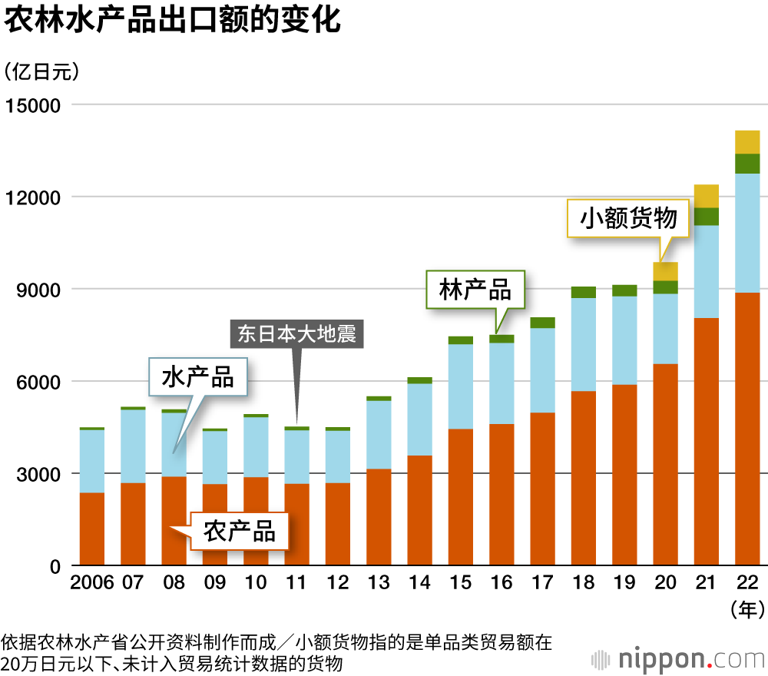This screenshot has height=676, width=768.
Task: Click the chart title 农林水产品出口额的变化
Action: (x=172, y=21)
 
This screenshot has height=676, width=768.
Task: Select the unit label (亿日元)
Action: (x=41, y=72)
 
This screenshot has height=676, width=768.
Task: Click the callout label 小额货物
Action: (x=628, y=218)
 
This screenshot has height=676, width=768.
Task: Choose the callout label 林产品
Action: (x=475, y=290)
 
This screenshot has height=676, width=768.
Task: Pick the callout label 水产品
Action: (x=197, y=377)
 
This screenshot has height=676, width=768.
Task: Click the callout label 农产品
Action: (x=240, y=531)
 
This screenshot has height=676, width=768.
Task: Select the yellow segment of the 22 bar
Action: (x=747, y=142)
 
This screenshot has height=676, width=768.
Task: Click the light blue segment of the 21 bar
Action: (x=707, y=271)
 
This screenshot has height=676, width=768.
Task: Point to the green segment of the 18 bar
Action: (x=584, y=292)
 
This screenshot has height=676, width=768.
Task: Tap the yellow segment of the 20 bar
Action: (x=665, y=271)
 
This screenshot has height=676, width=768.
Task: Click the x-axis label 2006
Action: (x=92, y=582)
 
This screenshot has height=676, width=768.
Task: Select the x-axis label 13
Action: (x=379, y=582)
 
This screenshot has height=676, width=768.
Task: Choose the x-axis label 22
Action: (x=747, y=582)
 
